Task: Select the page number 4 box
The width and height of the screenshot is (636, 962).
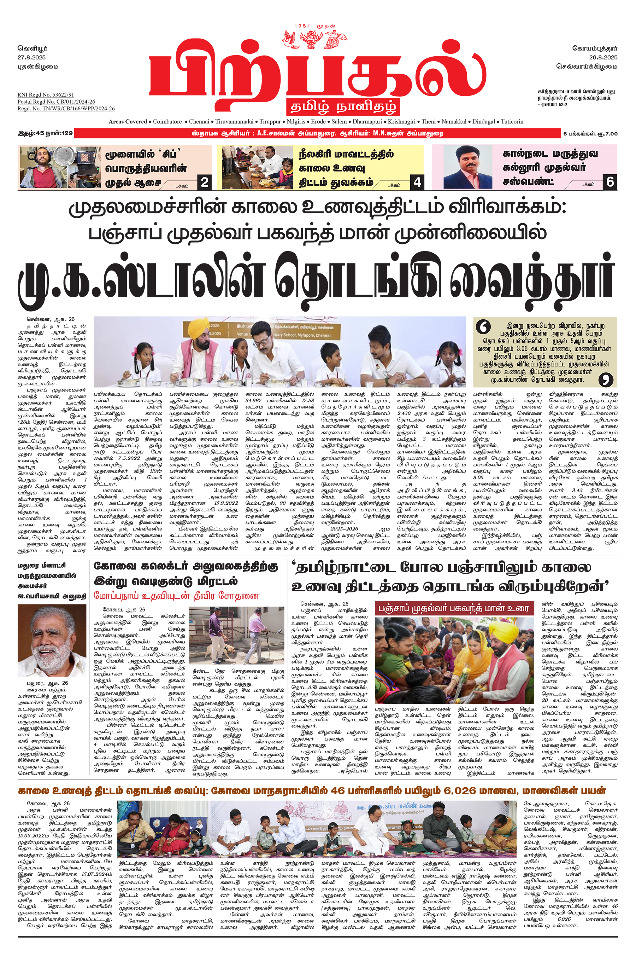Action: [417, 182]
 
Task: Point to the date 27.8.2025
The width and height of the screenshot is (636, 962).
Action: [32, 58]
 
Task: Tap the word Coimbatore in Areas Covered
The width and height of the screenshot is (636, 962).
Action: [167, 121]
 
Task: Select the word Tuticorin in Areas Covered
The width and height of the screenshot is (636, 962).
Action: [512, 121]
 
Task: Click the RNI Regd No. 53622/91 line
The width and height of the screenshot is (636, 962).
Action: [46, 94]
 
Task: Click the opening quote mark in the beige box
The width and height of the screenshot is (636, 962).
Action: [483, 327]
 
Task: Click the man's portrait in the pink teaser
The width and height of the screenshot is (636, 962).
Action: [468, 167]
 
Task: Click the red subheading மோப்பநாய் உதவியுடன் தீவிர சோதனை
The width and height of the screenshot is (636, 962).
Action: [176, 596]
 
